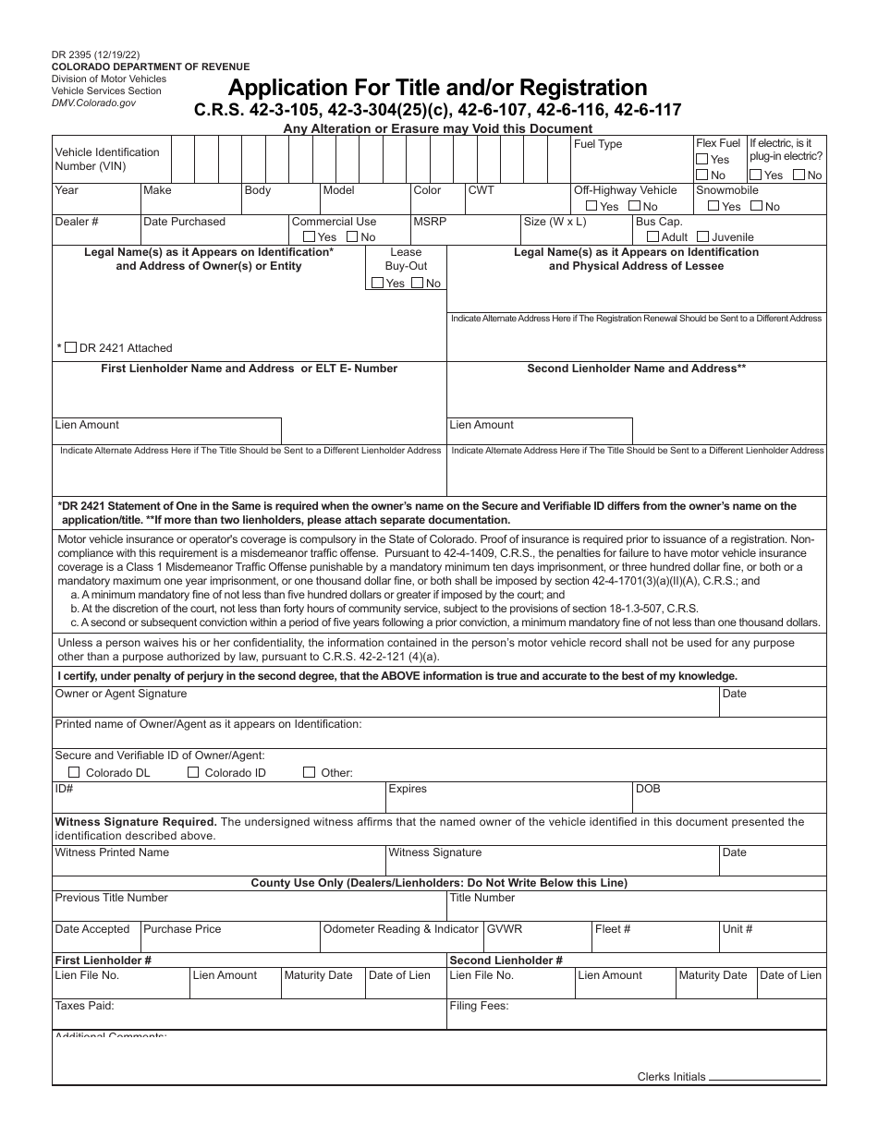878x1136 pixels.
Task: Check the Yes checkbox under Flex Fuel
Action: tap(701, 160)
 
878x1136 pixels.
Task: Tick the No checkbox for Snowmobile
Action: tap(757, 207)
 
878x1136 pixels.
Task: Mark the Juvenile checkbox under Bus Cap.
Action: tap(702, 237)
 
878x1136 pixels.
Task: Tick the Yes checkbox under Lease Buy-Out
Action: tap(376, 284)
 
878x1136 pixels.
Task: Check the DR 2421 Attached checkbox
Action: tap(71, 348)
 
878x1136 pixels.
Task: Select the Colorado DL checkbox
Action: tap(74, 772)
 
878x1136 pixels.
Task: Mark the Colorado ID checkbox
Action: tap(192, 772)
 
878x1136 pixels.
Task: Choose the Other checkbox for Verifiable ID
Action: tap(310, 772)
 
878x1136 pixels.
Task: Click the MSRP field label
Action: tap(429, 222)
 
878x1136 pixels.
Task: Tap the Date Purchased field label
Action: tap(184, 222)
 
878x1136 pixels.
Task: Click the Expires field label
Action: tap(408, 790)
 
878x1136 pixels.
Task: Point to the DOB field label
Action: tap(648, 790)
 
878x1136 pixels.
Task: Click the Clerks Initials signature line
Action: tap(764, 1078)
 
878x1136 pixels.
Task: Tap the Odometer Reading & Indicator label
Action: tap(400, 929)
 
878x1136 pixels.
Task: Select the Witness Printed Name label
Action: tap(112, 852)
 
